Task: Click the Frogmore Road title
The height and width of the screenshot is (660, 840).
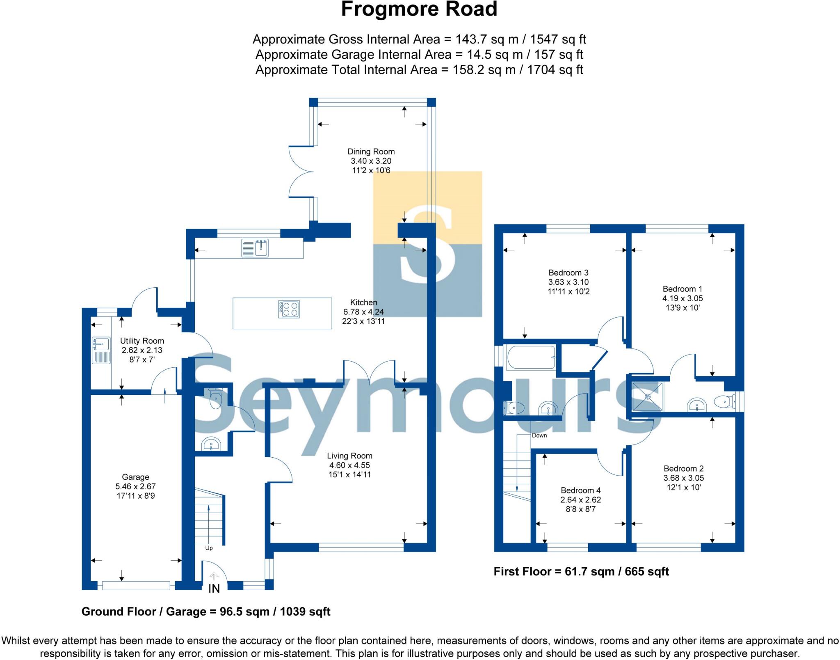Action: point(419,9)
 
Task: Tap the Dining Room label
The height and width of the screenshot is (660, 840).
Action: point(371,151)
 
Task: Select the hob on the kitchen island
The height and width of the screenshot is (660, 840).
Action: point(289,309)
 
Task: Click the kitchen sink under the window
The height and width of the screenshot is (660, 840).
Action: point(255,248)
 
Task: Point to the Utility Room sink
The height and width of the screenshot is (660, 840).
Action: point(101,350)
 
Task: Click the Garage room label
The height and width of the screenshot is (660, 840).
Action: point(135,477)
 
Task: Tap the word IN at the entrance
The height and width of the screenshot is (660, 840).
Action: point(214,589)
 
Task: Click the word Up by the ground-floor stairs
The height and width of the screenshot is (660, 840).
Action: point(209,548)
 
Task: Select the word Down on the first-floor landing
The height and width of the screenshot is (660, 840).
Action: point(539,435)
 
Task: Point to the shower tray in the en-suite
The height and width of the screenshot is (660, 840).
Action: point(648,396)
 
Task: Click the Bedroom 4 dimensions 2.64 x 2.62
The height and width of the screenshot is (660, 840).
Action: point(580,500)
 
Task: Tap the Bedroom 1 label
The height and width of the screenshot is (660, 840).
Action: point(682,289)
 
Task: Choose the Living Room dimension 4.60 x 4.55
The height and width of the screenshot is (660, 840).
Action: point(349,465)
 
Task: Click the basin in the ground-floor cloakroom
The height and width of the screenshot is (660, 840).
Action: point(212,444)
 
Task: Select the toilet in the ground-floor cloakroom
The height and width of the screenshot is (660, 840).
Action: point(215,398)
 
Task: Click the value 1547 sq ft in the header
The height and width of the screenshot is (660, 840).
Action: point(558,39)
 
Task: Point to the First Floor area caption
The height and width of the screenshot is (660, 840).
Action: point(581,571)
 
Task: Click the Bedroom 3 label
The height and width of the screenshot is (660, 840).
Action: point(568,273)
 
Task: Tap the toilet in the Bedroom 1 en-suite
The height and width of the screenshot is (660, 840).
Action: point(724,401)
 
